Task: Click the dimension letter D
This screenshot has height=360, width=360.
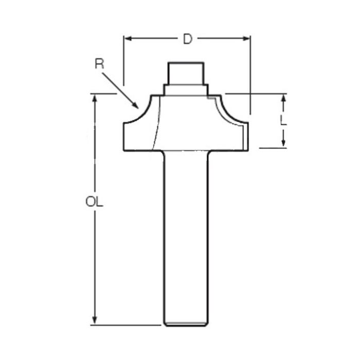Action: [x=188, y=39]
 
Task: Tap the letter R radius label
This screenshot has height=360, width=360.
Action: [x=99, y=64]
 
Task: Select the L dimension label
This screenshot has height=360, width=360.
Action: [x=283, y=120]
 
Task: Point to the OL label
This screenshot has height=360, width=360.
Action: [x=95, y=202]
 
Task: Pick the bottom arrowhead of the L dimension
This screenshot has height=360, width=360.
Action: [x=283, y=143]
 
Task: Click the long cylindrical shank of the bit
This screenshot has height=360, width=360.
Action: [x=186, y=237]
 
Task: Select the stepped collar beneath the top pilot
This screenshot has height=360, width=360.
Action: [x=186, y=89]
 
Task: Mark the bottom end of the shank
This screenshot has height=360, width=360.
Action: [x=186, y=324]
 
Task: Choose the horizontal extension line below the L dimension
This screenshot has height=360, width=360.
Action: [x=273, y=148]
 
